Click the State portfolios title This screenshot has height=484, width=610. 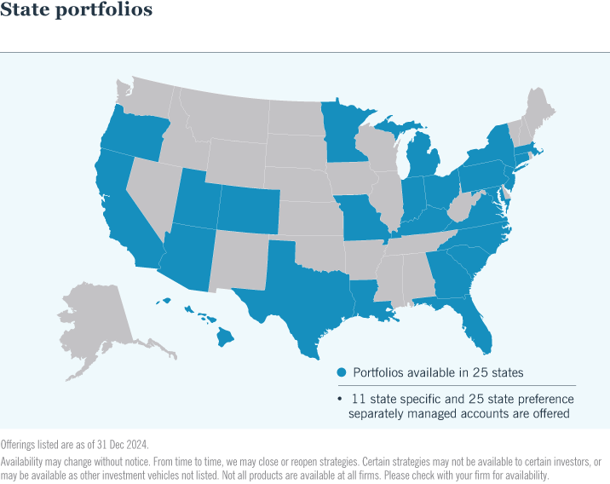click(x=78, y=11)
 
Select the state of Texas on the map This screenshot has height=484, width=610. click(x=294, y=290)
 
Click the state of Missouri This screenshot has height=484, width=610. click(x=361, y=221)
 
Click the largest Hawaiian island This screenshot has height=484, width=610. click(x=225, y=337)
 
